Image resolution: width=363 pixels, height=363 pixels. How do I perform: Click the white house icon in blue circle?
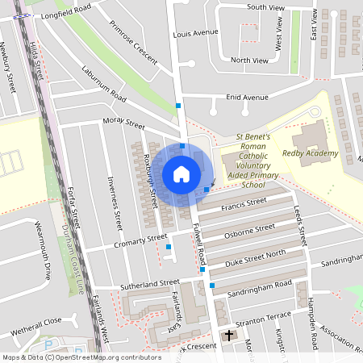pyautogui.click(x=181, y=174)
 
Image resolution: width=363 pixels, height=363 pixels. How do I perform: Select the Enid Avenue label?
pyautogui.click(x=248, y=98)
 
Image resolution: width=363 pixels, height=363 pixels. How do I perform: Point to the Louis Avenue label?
pyautogui.click(x=196, y=33)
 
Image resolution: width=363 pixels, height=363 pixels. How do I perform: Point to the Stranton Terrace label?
pyautogui.click(x=261, y=318)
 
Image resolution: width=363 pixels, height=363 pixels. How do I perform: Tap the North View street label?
pyautogui.click(x=249, y=60)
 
